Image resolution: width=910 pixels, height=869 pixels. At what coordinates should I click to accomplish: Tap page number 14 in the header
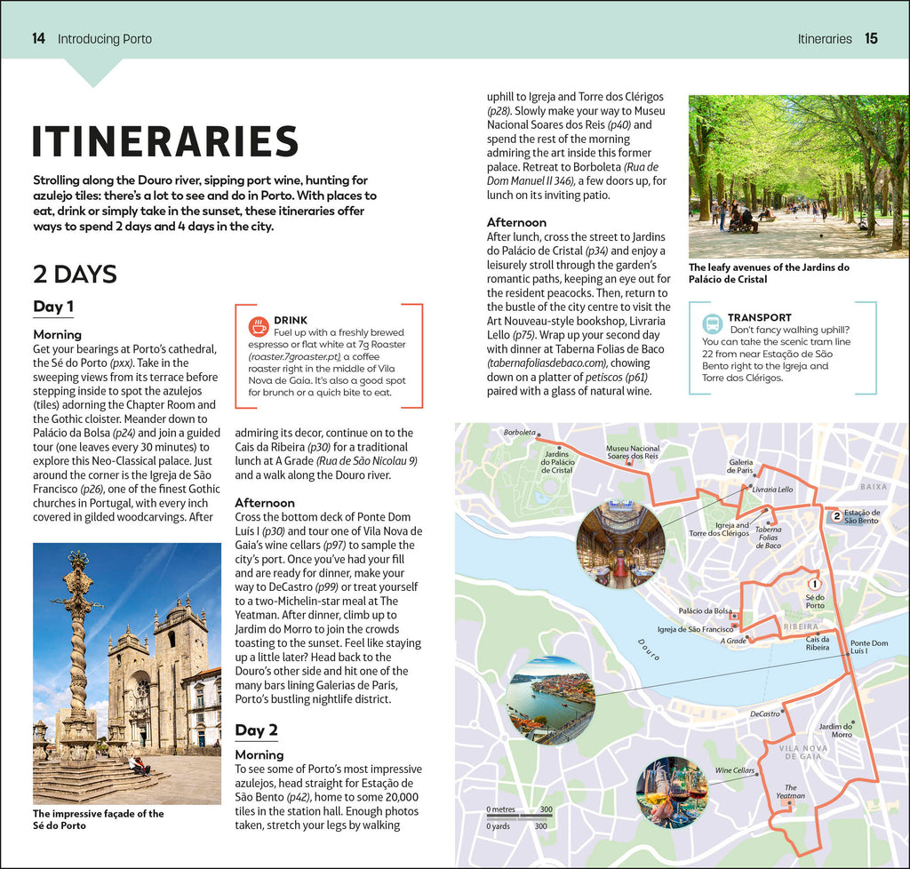point(38,39)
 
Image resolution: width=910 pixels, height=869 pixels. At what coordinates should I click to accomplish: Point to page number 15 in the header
point(871,39)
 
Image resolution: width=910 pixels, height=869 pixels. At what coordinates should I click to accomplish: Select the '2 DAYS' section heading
point(76,274)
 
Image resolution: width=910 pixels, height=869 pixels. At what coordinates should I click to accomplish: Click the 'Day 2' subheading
point(256,730)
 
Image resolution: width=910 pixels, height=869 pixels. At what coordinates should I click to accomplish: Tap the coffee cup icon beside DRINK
point(259,326)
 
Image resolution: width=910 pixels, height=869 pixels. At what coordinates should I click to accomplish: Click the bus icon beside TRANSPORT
point(712,323)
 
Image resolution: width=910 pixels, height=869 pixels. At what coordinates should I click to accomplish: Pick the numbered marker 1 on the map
point(814,584)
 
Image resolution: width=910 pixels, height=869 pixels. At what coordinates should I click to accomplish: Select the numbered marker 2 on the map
point(836,515)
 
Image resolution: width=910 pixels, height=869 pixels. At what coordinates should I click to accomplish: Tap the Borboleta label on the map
point(519,433)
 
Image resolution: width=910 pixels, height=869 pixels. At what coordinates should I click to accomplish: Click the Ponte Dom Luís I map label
point(868,647)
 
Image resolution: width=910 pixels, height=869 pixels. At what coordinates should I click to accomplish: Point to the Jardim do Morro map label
point(835,730)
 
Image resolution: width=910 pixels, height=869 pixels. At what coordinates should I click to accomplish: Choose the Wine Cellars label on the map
point(734,770)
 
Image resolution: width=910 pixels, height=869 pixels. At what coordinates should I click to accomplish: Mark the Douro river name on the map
point(650,651)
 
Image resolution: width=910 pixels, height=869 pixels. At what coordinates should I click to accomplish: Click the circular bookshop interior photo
point(620,545)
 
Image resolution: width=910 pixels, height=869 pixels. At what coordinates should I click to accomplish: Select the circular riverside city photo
point(551,700)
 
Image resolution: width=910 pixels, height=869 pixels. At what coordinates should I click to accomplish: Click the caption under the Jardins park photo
point(769,273)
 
